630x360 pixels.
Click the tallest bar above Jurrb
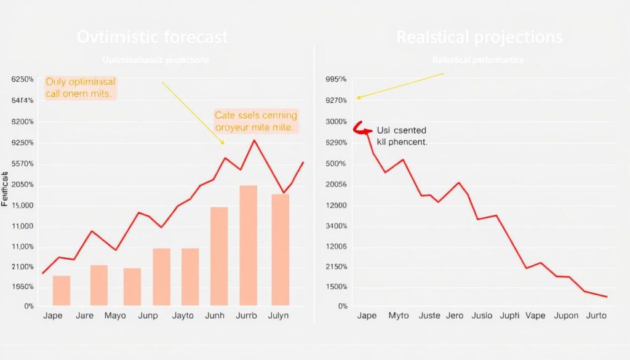point(248,245)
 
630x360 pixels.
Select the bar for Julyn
point(281,249)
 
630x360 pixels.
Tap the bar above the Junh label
point(219,256)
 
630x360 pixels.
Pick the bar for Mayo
point(132,286)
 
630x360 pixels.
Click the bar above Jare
point(99,285)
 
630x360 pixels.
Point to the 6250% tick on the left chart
point(22,80)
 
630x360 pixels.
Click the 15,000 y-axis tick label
point(22,206)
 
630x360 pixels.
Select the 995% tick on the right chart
point(335,79)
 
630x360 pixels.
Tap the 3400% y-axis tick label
point(335,226)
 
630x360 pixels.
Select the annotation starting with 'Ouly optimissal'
point(80,88)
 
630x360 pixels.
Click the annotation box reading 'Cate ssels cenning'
point(255,121)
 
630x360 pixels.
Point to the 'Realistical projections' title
point(479,38)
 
